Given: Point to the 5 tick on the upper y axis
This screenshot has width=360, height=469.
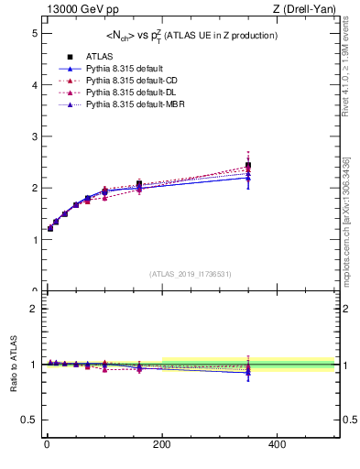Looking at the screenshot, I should tap(31, 33).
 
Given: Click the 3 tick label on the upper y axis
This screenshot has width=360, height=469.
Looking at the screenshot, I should tap(31, 136).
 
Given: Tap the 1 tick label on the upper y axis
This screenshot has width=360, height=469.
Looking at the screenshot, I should tap(31, 240).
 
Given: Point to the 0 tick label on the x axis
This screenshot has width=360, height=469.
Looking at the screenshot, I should tap(48, 445).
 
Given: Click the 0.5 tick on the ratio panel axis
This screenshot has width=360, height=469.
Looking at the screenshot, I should tap(27, 420).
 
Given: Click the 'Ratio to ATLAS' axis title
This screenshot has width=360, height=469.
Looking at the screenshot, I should tap(12, 365).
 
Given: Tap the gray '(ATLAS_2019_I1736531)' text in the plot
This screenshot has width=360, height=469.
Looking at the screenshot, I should tap(190, 273).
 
